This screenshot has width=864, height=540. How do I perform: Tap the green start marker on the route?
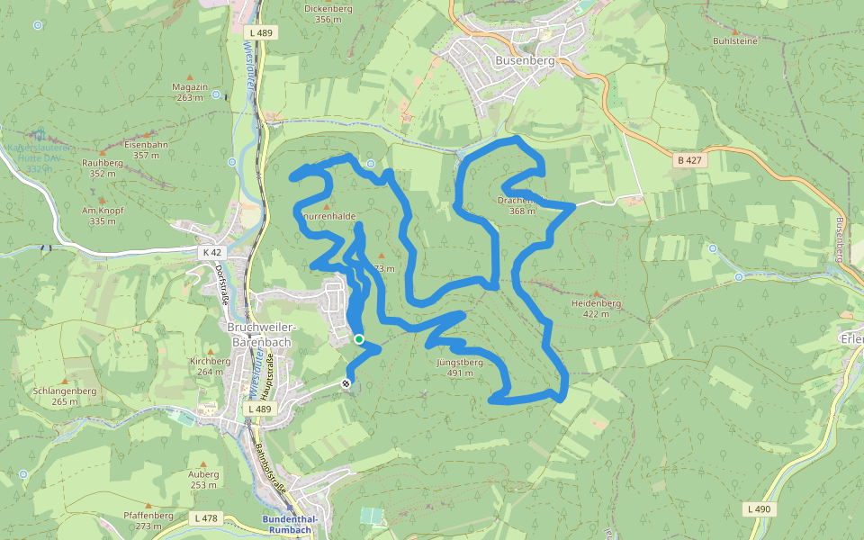pos(358,339)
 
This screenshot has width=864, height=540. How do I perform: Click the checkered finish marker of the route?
pos(346,384)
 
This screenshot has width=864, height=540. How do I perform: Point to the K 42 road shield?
pos(211,253)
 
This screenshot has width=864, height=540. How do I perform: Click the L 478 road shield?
pos(206,517)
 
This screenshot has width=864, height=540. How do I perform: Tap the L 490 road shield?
pos(759,509)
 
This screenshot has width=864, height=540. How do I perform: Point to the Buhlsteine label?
pos(735,40)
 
